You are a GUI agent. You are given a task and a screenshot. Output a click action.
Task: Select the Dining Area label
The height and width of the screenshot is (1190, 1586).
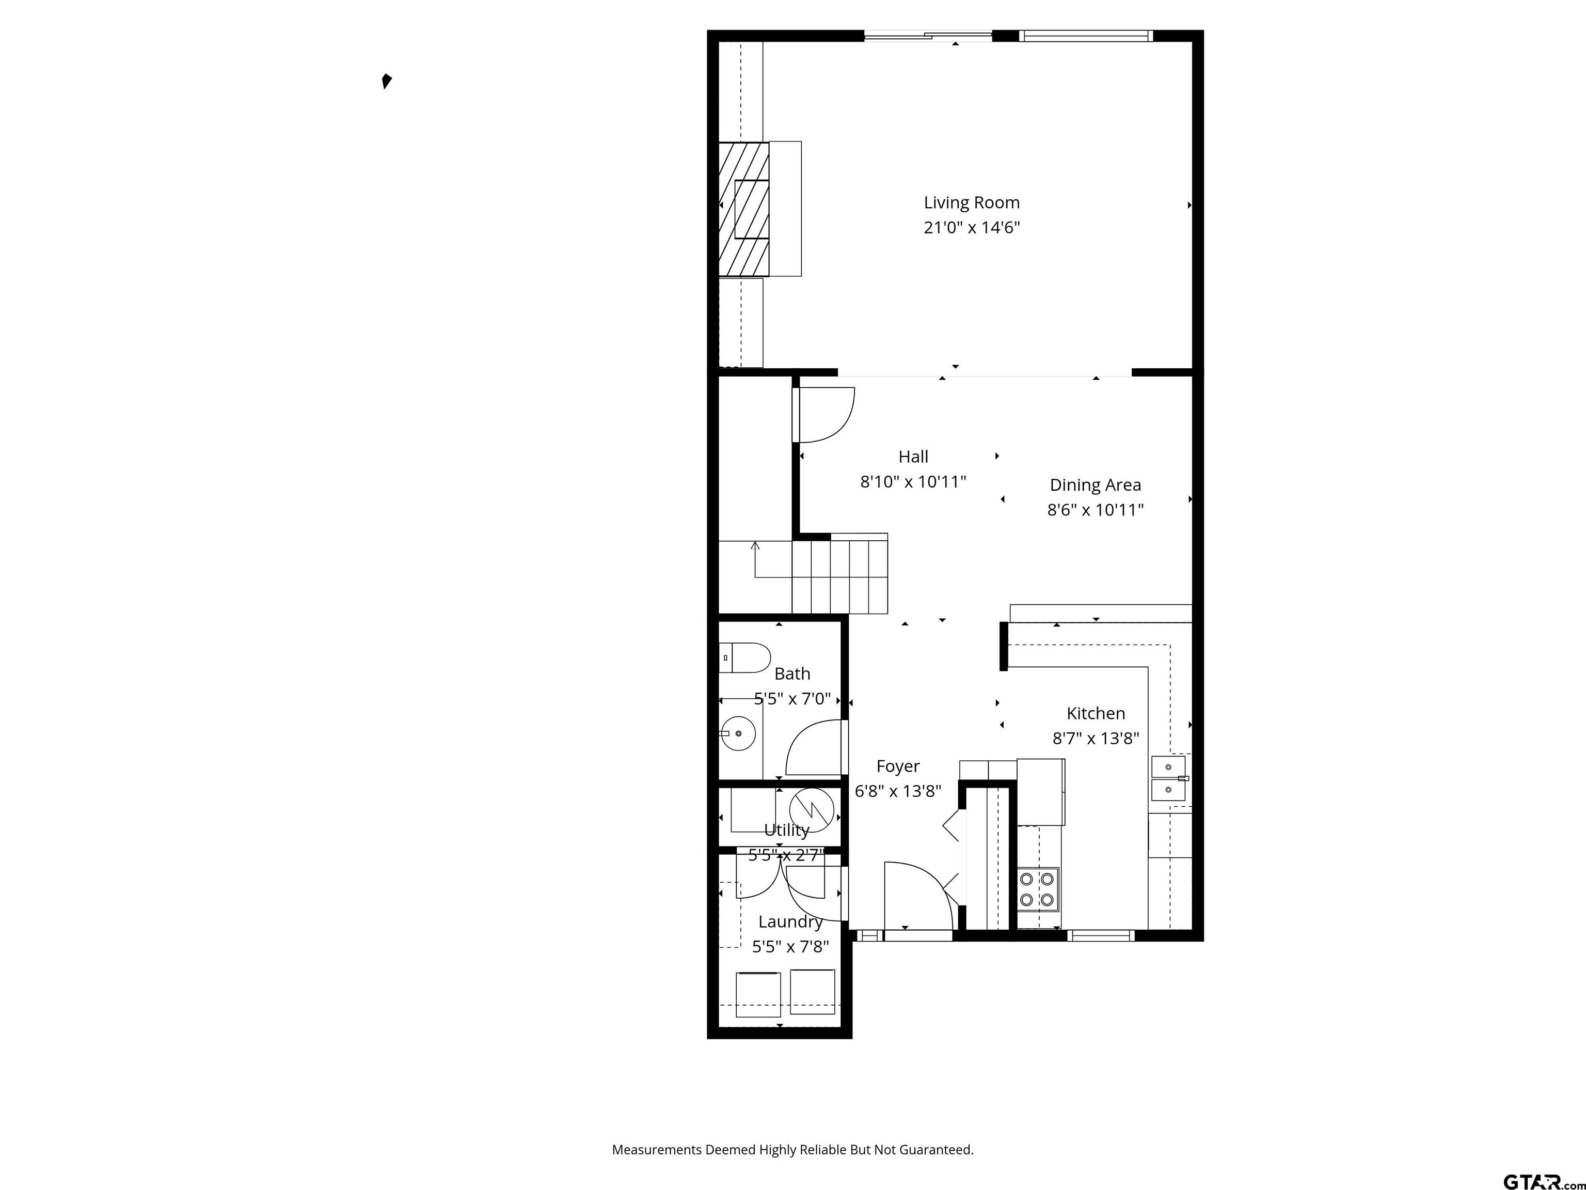pyautogui.click(x=1095, y=485)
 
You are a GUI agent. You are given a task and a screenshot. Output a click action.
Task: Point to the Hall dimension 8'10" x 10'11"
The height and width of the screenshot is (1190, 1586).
pyautogui.click(x=913, y=482)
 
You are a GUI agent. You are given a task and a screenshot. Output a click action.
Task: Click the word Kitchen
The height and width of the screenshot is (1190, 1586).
pyautogui.click(x=1095, y=713)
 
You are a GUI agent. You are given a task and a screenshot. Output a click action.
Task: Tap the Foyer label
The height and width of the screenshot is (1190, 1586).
pyautogui.click(x=898, y=766)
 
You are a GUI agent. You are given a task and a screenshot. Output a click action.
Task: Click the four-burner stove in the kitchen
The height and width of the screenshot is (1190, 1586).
pyautogui.click(x=1038, y=889)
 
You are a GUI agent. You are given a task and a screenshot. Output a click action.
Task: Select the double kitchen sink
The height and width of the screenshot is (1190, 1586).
pyautogui.click(x=1168, y=778)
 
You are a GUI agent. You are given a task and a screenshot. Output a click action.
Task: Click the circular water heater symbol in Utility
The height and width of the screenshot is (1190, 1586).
pyautogui.click(x=811, y=810)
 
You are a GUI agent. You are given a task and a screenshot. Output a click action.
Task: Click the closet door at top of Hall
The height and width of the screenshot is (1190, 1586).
pyautogui.click(x=825, y=415)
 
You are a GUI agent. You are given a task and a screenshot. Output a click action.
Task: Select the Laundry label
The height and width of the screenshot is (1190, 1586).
pyautogui.click(x=790, y=922)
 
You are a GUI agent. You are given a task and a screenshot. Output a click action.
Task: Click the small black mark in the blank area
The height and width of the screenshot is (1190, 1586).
pyautogui.click(x=387, y=81)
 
